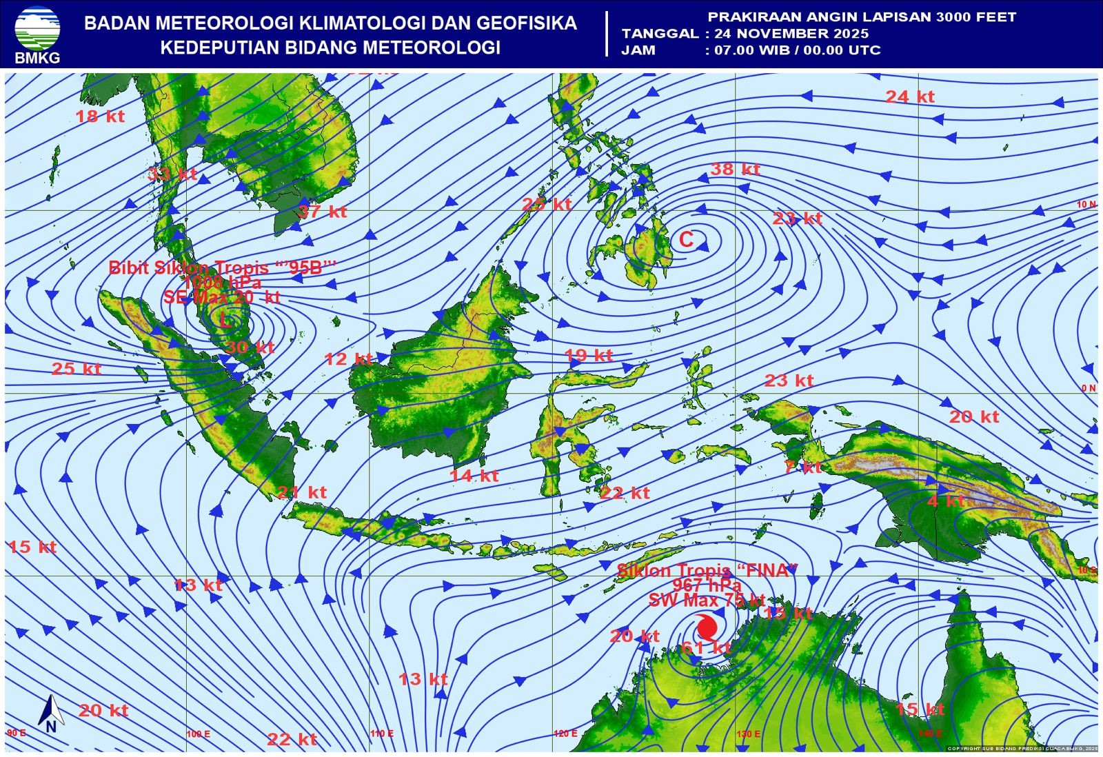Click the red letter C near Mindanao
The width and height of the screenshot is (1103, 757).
coord(686,239)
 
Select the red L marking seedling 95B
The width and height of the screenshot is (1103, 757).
coord(226,320)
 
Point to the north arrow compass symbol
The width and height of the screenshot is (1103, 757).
coord(50,713)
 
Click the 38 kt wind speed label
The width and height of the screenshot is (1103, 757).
coord(736,169)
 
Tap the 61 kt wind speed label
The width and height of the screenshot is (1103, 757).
coord(705,647)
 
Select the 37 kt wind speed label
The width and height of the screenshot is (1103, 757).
coord(323,212)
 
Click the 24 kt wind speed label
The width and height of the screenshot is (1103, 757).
coord(910,97)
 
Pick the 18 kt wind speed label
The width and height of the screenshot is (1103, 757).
coord(100,117)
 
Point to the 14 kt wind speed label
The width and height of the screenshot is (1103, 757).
coord(474,476)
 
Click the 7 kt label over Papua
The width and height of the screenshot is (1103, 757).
coord(803,467)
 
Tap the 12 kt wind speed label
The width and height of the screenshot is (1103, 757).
coord(349,359)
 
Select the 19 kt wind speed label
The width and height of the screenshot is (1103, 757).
coord(588,356)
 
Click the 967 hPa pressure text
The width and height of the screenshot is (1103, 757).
coord(707,585)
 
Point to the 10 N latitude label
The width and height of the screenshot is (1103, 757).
coord(1086,205)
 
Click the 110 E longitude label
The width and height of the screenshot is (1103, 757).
coord(382,734)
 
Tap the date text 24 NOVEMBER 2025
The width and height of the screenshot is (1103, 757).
coord(791,33)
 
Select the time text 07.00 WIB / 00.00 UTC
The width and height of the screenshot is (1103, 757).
coord(798,50)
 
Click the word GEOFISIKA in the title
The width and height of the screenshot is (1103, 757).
coord(527,23)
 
